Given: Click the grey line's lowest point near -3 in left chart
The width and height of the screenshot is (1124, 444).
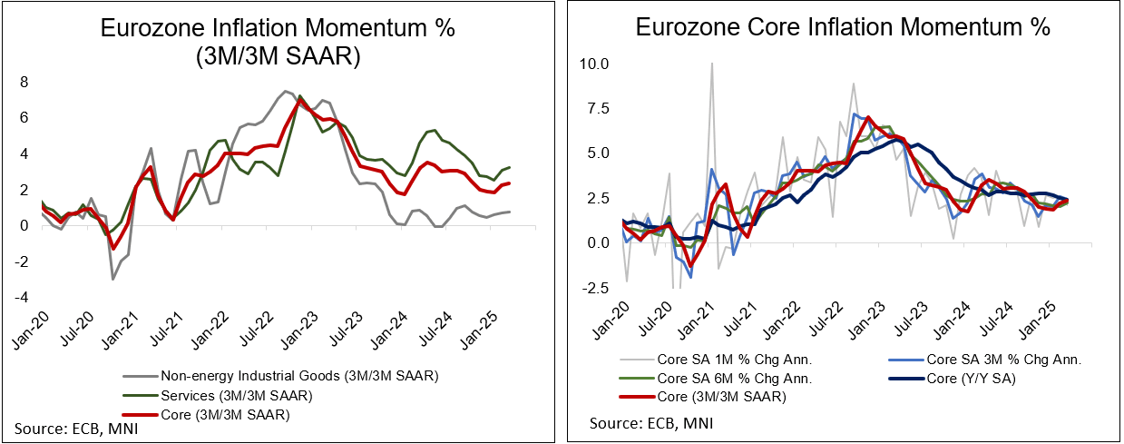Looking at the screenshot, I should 112,279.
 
